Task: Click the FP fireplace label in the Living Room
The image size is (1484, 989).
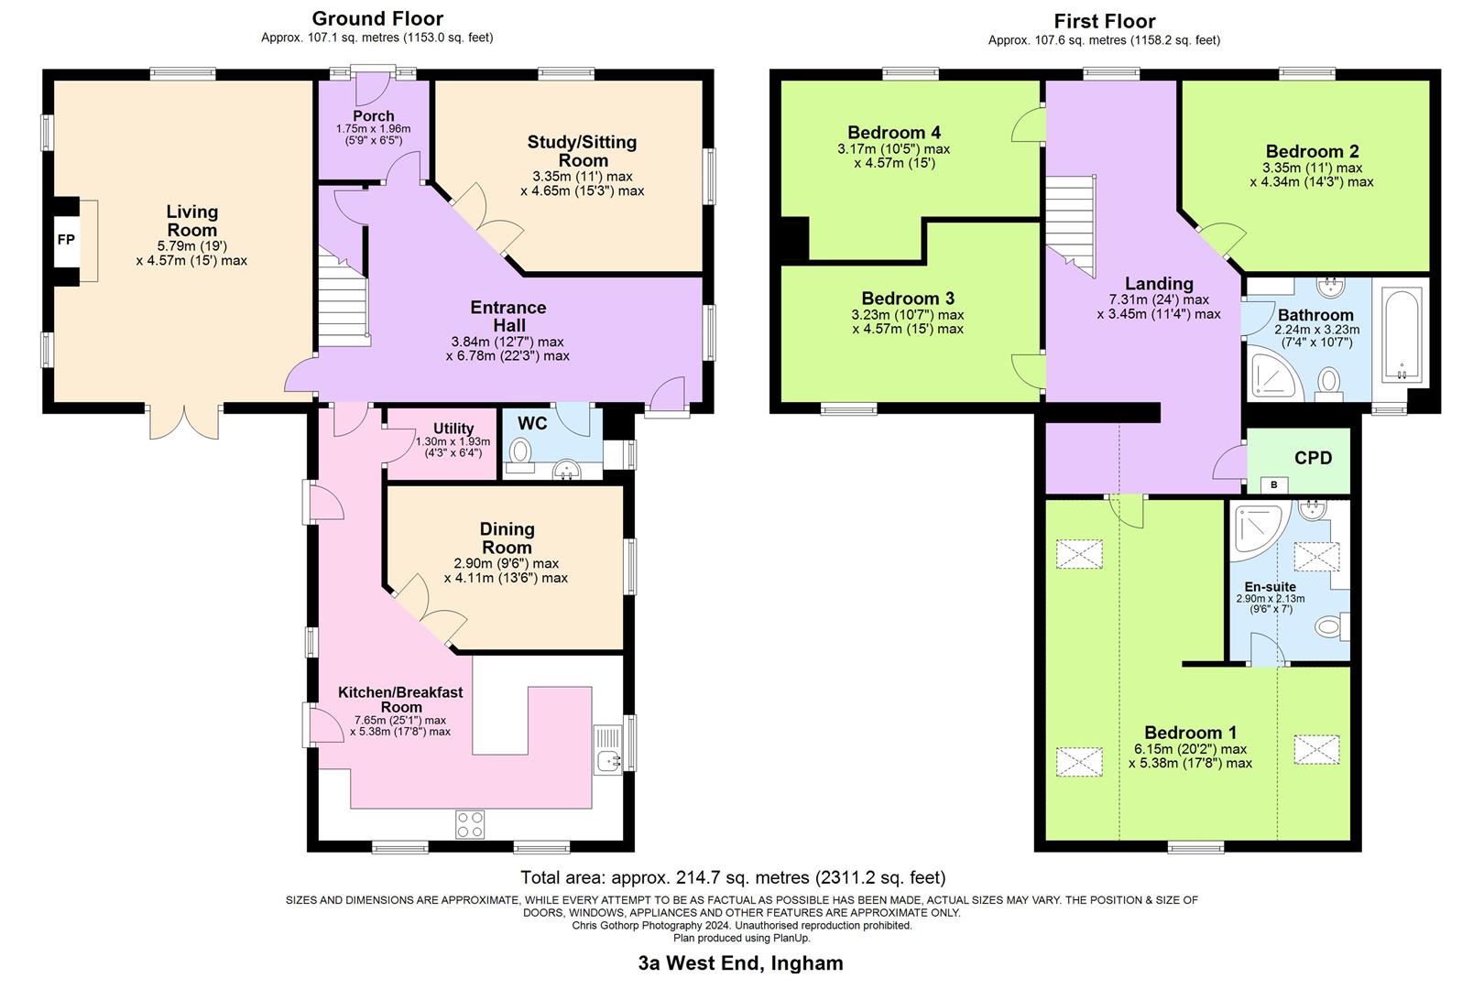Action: [66, 240]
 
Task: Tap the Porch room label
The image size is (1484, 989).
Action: [373, 116]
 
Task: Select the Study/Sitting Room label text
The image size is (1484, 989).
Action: [582, 151]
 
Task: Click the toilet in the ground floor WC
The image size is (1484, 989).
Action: [521, 451]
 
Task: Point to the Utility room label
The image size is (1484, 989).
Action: [453, 429]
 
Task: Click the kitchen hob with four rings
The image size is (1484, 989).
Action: [470, 824]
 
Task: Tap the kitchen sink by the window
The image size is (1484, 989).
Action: [608, 759]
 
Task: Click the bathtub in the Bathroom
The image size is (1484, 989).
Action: [1402, 334]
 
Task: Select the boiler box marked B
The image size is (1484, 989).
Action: [1273, 484]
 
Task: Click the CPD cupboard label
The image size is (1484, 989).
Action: [1313, 458]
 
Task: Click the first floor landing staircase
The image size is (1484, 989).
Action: [1071, 224]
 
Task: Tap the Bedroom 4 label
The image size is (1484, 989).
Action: [893, 133]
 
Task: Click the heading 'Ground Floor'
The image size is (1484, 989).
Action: [377, 18]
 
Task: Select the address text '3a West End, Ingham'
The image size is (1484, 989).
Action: [740, 963]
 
